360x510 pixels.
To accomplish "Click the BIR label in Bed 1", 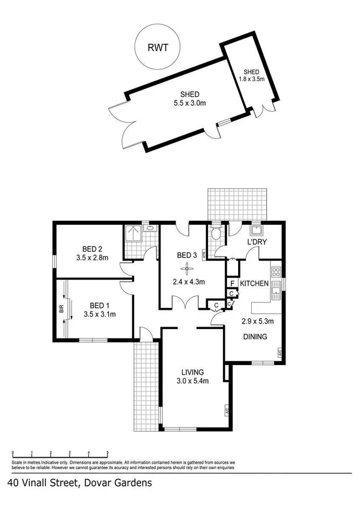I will pyautogui.click(x=61, y=310).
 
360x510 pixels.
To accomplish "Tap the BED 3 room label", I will pyautogui.click(x=187, y=256).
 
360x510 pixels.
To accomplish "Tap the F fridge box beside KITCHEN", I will pyautogui.click(x=231, y=283).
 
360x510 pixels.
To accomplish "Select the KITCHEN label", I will pyautogui.click(x=254, y=283).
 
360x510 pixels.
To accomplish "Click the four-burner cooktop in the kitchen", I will pyautogui.click(x=276, y=274).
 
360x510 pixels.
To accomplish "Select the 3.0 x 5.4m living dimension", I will pyautogui.click(x=191, y=381).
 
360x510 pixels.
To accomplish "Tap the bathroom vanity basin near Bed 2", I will pyautogui.click(x=148, y=229).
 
